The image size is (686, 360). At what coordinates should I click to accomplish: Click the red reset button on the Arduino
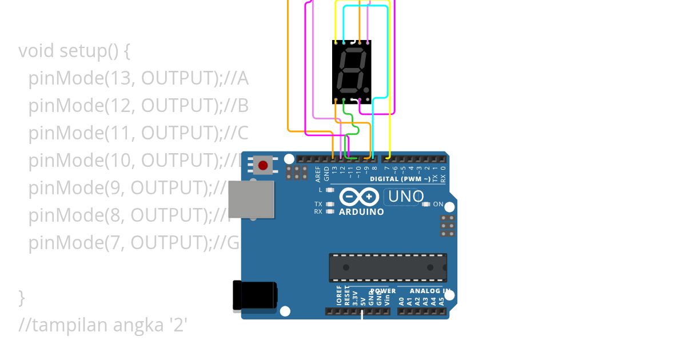[x=262, y=166]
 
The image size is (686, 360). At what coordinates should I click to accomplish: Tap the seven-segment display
[x=352, y=71]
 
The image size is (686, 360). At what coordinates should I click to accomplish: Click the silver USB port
[x=251, y=199]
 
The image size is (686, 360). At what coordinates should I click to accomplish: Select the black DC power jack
[x=255, y=296]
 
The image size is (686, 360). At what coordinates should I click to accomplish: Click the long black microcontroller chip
[x=388, y=267]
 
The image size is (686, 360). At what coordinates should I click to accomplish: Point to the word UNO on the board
[x=406, y=197]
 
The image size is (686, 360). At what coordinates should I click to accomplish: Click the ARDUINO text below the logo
[x=361, y=212]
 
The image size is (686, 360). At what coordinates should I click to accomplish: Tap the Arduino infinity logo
[x=359, y=197]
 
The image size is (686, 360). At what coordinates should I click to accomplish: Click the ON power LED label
[x=438, y=204]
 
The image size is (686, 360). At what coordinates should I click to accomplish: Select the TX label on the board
[x=318, y=204]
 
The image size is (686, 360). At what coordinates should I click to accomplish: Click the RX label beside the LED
[x=318, y=211]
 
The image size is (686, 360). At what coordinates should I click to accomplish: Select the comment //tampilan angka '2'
[x=103, y=325]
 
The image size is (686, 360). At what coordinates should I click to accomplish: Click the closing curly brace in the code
[x=22, y=298]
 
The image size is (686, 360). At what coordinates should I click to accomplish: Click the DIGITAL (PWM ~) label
[x=400, y=179]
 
